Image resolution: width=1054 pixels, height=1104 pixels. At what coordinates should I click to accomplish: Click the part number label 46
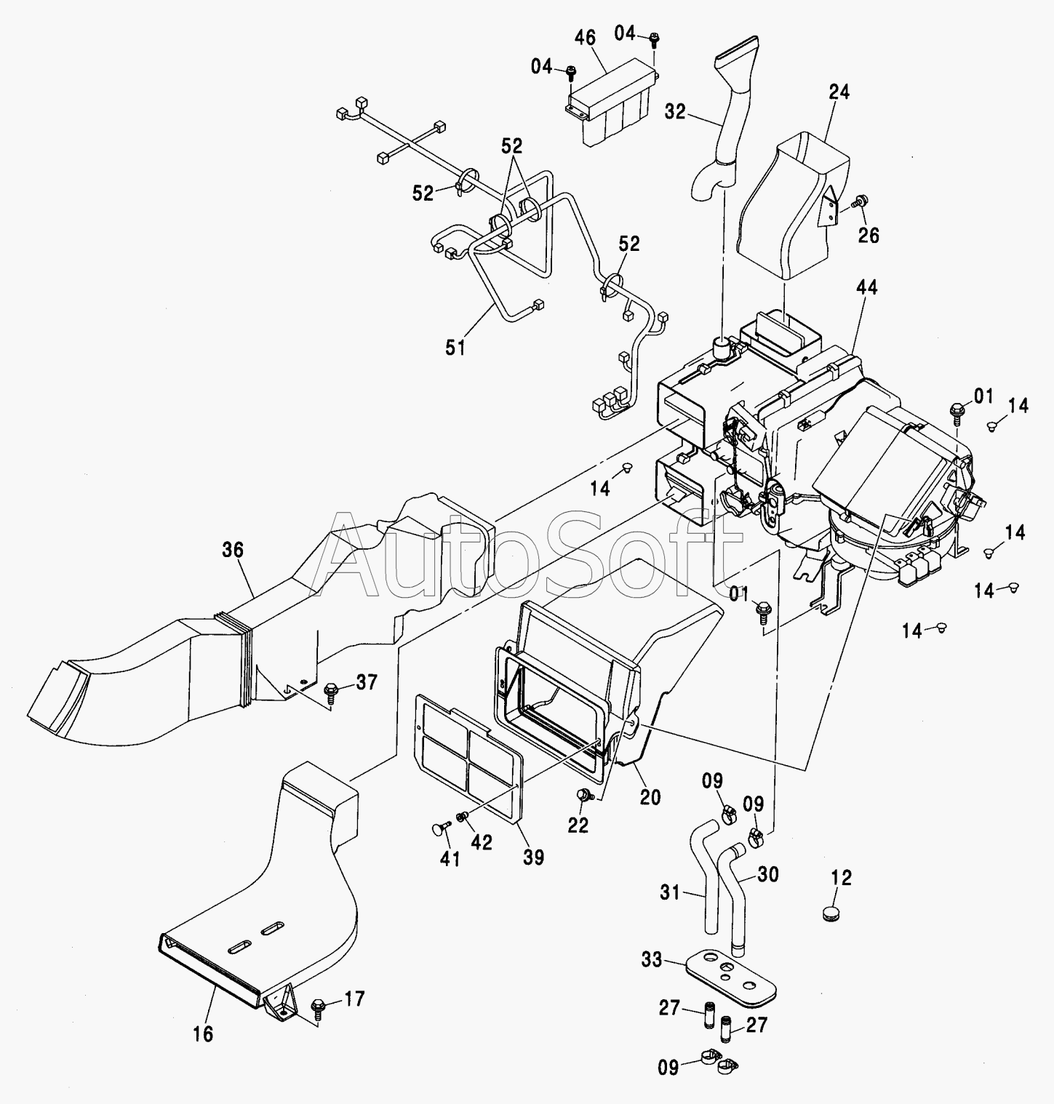(585, 38)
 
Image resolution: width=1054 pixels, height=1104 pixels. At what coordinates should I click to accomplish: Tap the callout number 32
(674, 112)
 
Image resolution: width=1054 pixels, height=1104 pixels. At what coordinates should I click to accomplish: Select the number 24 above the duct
(839, 92)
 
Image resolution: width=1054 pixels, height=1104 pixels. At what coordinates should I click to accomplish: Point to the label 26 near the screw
(869, 235)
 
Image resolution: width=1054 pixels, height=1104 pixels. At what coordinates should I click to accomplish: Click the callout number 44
(866, 287)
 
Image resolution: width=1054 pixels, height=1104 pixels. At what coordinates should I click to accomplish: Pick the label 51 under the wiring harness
(455, 348)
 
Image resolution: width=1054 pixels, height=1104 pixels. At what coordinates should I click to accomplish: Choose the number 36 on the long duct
(233, 551)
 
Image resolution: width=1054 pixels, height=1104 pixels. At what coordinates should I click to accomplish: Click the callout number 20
(650, 797)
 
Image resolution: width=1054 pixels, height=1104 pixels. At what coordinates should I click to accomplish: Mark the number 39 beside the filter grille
(533, 857)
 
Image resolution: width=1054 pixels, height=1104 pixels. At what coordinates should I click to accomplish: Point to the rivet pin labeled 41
(439, 828)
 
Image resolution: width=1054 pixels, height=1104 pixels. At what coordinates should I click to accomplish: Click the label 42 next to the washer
(481, 842)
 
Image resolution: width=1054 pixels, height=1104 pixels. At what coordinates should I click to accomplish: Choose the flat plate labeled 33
(731, 975)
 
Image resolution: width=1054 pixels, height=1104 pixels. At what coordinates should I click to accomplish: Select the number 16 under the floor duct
(204, 1033)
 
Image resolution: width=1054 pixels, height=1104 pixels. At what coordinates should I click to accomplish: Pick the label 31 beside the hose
(670, 891)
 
